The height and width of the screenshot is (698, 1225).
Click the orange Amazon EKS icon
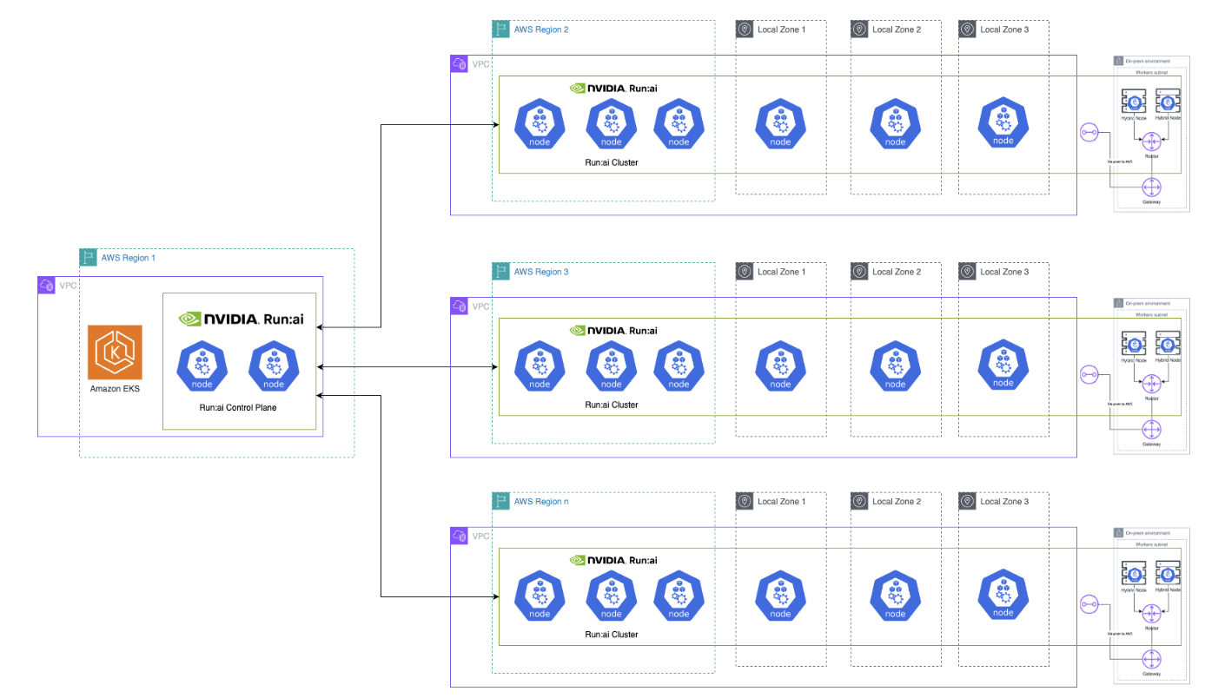coord(115,352)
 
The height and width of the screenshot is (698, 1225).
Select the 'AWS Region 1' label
coord(128,258)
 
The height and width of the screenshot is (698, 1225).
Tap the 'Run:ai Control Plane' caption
coord(238,407)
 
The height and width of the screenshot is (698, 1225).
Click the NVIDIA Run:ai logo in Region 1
coord(240,319)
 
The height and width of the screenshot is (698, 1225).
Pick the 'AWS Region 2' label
coord(540,30)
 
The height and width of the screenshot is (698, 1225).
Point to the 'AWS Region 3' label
coord(540,272)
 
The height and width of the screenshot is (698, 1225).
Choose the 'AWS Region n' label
coord(540,502)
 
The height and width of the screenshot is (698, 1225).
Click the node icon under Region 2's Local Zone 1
coord(780,123)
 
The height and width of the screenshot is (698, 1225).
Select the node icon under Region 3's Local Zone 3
coord(1003,364)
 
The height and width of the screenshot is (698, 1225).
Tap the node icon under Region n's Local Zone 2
coord(896,596)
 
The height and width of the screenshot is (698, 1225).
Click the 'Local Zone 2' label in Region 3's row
coord(896,272)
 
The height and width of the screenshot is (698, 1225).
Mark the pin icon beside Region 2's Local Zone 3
coord(967,30)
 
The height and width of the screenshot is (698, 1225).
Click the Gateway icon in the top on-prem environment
coord(1152,188)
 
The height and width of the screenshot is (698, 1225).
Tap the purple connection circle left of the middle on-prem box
coord(1089,375)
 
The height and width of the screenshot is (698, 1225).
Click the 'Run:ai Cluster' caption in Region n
coord(612,635)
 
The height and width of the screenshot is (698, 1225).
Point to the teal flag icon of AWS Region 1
coord(88,258)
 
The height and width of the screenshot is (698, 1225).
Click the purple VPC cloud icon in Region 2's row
coord(459,64)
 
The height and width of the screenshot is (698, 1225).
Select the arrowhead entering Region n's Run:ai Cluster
coord(494,597)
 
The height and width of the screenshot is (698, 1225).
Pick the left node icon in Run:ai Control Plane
coord(202,367)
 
